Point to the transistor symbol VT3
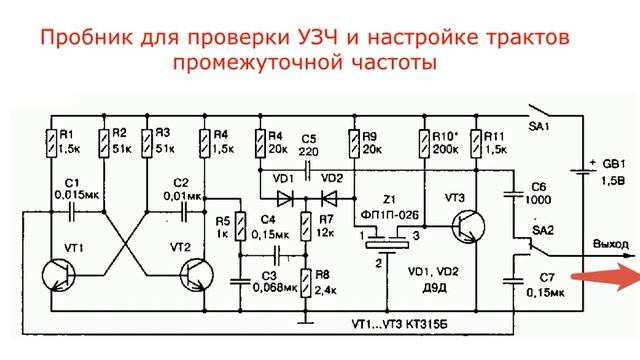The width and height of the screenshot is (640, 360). pyautogui.click(x=466, y=226)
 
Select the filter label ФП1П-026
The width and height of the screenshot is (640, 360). pyautogui.click(x=397, y=212)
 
